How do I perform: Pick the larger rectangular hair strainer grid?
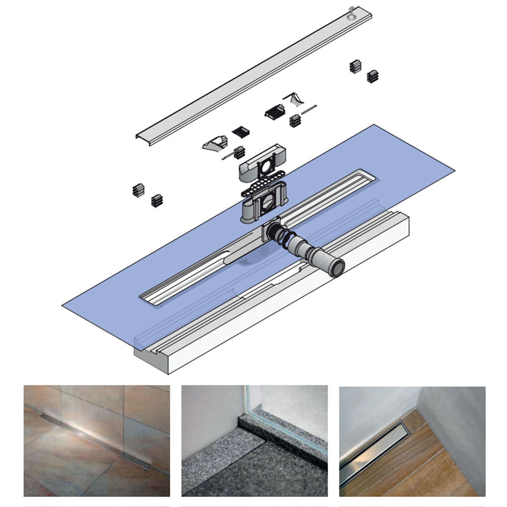click(275, 112)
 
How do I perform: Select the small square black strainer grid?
click(241, 131)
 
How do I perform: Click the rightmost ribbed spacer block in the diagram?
click(372, 76)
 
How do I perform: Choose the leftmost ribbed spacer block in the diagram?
click(138, 190)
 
